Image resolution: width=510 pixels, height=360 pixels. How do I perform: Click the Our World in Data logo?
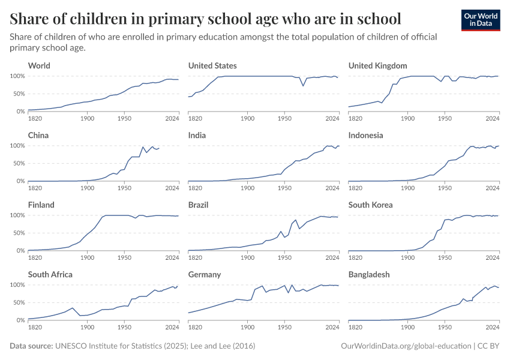click(x=481, y=20)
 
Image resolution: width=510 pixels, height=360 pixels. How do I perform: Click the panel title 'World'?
click(x=39, y=65)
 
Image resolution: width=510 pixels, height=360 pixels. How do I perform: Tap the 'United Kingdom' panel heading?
click(x=377, y=65)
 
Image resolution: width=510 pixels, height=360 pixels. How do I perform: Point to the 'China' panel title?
click(x=38, y=135)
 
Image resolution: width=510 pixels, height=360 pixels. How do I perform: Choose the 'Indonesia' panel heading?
click(x=365, y=135)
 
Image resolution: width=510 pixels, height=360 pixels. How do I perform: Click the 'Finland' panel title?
click(x=41, y=205)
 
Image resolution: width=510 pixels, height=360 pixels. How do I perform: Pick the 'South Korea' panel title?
click(x=370, y=205)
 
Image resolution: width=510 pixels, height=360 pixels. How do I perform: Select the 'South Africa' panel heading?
click(x=50, y=274)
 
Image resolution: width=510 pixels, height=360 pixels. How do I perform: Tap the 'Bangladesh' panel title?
click(x=369, y=274)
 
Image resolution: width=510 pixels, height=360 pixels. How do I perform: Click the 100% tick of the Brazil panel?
click(x=176, y=215)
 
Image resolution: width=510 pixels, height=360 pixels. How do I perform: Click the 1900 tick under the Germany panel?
click(x=247, y=327)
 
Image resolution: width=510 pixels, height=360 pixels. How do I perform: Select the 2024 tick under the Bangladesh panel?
click(x=493, y=327)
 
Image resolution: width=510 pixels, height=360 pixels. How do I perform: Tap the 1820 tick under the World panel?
click(x=35, y=118)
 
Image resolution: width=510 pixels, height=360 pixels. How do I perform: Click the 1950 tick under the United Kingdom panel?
click(x=444, y=118)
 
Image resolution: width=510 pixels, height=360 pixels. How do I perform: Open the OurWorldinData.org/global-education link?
click(x=405, y=346)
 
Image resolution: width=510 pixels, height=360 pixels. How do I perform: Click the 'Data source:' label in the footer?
click(x=31, y=346)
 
